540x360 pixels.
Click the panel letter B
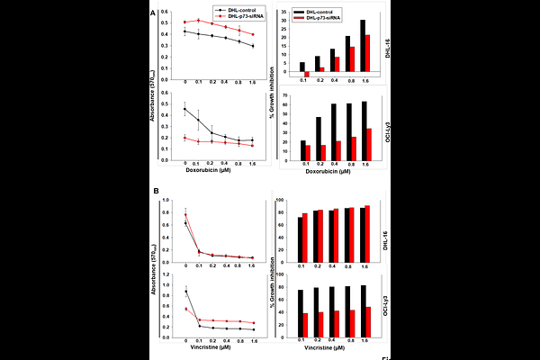[157, 191]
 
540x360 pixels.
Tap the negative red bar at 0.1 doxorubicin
[306, 75]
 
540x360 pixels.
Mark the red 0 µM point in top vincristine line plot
[184, 214]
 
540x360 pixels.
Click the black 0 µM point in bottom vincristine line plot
[185, 292]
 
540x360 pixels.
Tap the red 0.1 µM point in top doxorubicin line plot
[199, 20]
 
